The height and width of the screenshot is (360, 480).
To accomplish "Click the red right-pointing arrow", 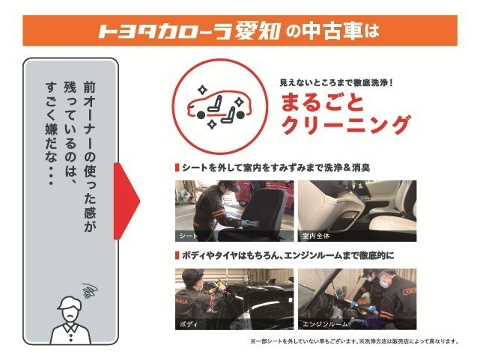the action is (x=126, y=201).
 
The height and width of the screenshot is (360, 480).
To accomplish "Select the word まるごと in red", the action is (x=323, y=103).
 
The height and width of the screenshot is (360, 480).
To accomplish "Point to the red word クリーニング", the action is (x=346, y=125).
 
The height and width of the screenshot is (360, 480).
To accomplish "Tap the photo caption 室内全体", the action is (x=316, y=236).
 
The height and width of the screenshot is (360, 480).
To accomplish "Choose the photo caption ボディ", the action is (x=189, y=324).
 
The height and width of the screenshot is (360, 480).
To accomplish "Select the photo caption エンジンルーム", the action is (x=325, y=324).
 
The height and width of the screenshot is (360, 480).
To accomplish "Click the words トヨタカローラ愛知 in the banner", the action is (x=189, y=31).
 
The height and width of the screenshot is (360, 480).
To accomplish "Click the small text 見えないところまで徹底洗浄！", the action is (x=335, y=82).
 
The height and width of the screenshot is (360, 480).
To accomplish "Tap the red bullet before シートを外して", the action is (x=177, y=168).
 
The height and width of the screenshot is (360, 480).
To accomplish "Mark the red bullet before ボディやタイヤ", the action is (x=177, y=256).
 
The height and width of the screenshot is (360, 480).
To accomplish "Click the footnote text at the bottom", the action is (x=354, y=341).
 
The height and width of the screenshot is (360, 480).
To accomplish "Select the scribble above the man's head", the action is (x=90, y=290).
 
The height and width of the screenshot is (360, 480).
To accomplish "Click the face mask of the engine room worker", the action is (x=384, y=283).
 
